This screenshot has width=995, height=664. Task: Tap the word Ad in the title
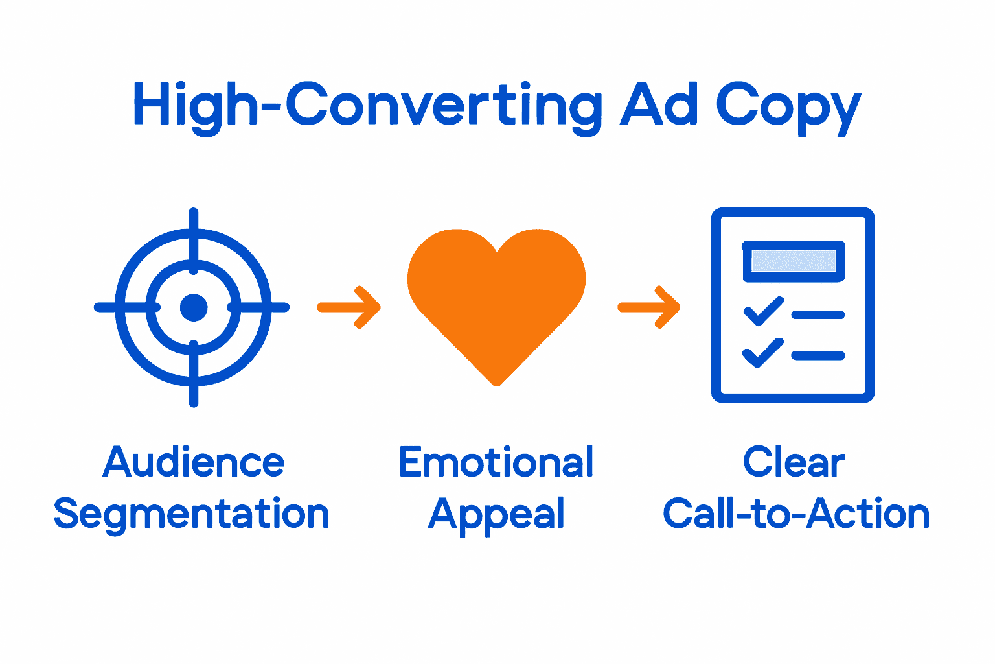coord(659,104)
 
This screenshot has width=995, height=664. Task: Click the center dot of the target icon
coord(193,307)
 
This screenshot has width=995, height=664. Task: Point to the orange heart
coord(496,298)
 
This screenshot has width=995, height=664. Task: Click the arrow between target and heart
coord(349,307)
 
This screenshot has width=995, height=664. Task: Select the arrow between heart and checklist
coord(649,307)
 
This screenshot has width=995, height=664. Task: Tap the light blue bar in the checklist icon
coord(794,261)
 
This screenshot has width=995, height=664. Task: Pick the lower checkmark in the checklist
coord(762,352)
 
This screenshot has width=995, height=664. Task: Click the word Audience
coord(194,462)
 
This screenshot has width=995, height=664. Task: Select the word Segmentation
coord(192,514)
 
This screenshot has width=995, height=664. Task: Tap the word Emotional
coord(496,462)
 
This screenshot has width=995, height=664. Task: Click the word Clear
coord(794,462)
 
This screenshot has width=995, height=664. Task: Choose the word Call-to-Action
coord(796,514)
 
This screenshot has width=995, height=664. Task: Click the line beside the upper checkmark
coord(818,315)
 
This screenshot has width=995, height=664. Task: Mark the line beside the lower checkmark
coord(818,355)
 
